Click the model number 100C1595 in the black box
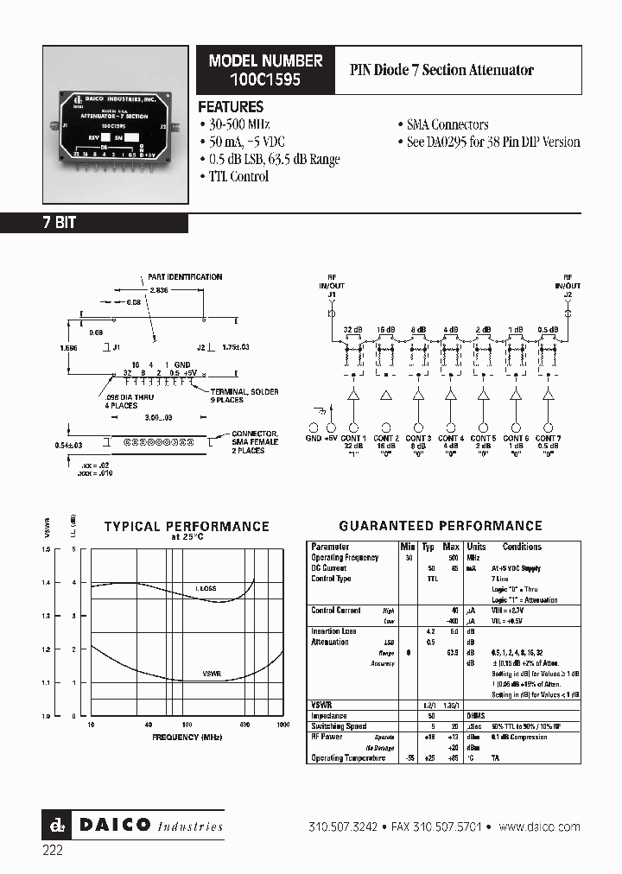click(264, 79)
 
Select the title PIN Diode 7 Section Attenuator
click(441, 70)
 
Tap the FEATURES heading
click(231, 107)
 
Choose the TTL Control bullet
click(238, 176)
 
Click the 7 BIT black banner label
click(60, 223)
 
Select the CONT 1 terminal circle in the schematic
click(353, 427)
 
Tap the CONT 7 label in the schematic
click(548, 439)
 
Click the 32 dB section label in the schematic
click(352, 330)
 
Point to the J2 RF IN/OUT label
click(568, 288)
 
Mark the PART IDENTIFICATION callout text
click(186, 277)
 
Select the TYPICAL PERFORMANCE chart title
click(187, 526)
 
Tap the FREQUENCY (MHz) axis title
click(188, 738)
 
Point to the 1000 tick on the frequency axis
click(283, 725)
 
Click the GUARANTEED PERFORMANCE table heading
click(441, 525)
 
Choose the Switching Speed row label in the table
click(338, 726)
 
